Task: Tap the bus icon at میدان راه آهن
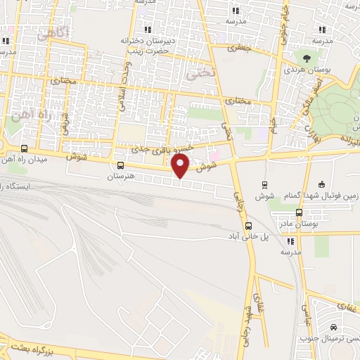click(x=25, y=148)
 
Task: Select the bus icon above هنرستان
click(x=120, y=167)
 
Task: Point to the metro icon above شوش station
click(x=264, y=185)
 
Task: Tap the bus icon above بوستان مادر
click(x=299, y=212)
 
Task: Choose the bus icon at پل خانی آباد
click(x=247, y=226)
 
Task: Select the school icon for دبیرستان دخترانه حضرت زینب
click(x=147, y=30)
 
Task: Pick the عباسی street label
click(x=307, y=304)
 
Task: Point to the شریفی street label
click(x=65, y=126)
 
